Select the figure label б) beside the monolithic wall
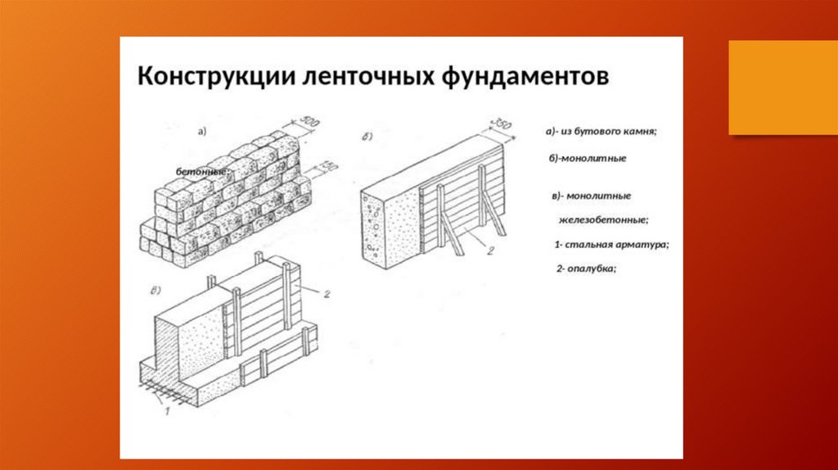click(367, 137)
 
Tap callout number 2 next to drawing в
click(326, 292)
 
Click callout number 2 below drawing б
click(490, 251)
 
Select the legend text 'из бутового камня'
click(610, 132)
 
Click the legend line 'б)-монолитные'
click(587, 158)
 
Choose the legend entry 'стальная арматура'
click(615, 244)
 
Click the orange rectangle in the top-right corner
click(782, 86)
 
